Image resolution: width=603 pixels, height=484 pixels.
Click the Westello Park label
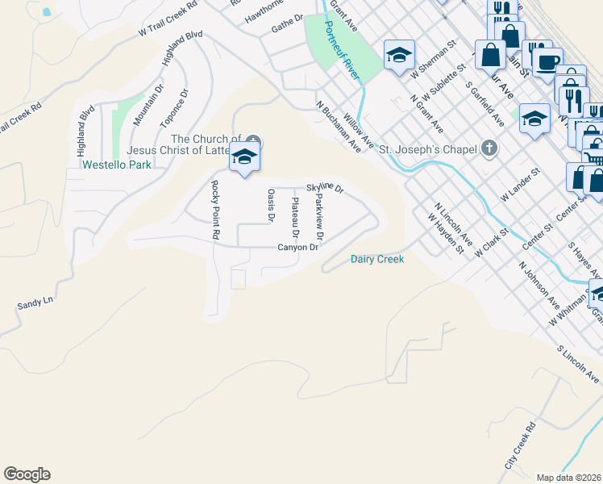coord(117,165)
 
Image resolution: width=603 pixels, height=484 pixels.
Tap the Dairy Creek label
coord(376,259)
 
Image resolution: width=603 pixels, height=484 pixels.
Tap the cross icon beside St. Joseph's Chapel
coord(489,148)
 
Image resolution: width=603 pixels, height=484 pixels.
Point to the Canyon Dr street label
coord(298,248)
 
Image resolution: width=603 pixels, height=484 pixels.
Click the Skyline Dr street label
coord(325,187)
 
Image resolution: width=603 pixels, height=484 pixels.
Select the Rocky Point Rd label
coord(215,210)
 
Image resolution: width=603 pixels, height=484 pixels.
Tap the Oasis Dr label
coord(271,206)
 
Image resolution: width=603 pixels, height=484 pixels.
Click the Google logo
coord(27,474)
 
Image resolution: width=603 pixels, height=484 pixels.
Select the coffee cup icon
coord(548,61)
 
